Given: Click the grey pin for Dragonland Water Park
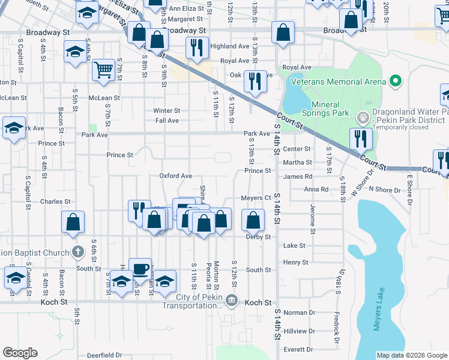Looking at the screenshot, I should (362, 117).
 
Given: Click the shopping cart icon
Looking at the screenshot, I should (103, 71).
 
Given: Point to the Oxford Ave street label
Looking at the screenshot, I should (175, 176).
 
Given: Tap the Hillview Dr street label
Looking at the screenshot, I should (299, 331).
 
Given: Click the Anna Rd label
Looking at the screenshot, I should (316, 189).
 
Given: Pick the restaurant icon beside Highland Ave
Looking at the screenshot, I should (196, 47).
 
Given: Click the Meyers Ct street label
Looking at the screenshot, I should (256, 198).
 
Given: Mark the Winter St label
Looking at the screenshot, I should (166, 110).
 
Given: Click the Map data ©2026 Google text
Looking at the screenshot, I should (411, 355).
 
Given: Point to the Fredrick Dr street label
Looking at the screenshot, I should (337, 323).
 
